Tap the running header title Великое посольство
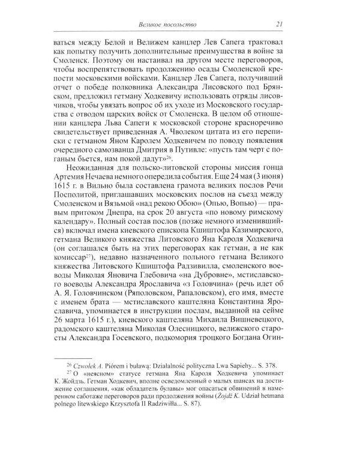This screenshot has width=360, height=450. tap(164, 24)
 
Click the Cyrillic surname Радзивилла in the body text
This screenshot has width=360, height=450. tap(200, 281)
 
